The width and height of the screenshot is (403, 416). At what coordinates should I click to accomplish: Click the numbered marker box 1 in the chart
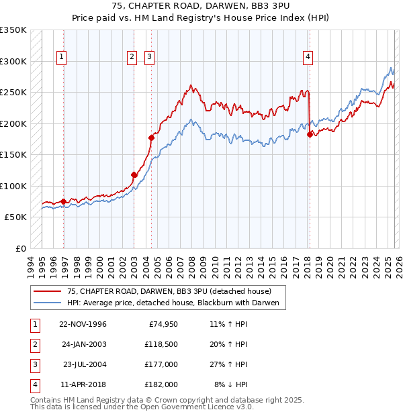[x=61, y=58]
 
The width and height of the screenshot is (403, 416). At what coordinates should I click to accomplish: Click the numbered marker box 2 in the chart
[x=132, y=58]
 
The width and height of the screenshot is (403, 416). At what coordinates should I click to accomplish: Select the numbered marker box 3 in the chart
[x=148, y=58]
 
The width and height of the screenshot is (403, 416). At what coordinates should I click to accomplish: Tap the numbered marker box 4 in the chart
[x=307, y=58]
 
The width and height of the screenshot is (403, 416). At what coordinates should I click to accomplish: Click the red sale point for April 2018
[x=310, y=134]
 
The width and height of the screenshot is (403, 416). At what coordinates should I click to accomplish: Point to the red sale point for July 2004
[x=151, y=138]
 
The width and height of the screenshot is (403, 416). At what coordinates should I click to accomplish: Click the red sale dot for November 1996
[x=64, y=201]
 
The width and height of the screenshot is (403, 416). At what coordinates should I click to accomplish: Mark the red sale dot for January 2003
[x=134, y=174]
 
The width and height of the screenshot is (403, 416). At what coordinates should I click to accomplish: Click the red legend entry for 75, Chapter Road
[x=168, y=292]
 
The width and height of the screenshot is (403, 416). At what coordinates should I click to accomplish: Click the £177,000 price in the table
[x=162, y=364]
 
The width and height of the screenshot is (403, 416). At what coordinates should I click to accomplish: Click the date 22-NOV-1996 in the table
[x=83, y=324]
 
